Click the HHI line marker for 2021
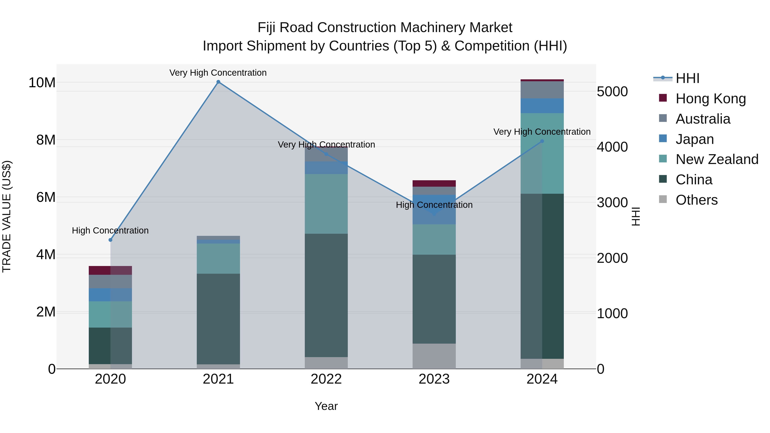coord(218,82)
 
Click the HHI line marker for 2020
coord(110,240)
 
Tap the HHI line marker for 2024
coord(542,141)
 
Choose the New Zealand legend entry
coord(717,159)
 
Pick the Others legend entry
coord(696,200)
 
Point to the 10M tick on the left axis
coord(42,83)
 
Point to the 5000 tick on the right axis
coord(612,92)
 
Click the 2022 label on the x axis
coord(326,379)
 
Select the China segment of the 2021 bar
coord(218,319)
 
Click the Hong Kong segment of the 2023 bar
coord(434,183)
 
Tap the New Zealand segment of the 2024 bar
coord(542,153)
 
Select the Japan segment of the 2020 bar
coord(110,295)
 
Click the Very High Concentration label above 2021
coord(218,73)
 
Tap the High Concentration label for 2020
coord(110,231)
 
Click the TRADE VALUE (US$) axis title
coord(7,216)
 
